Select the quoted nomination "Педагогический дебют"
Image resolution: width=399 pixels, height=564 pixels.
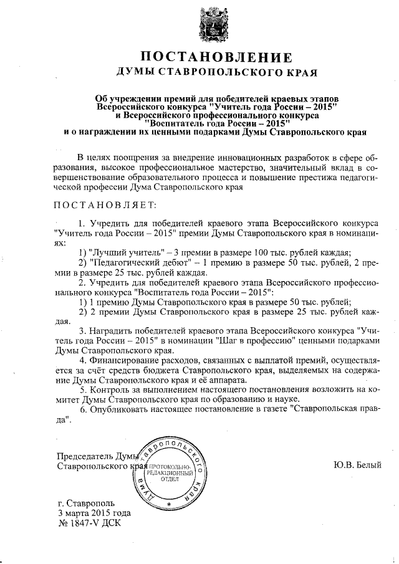(137, 263)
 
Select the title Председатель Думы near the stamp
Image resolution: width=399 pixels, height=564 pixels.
(97, 456)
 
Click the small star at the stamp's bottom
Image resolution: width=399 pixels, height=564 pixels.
(169, 502)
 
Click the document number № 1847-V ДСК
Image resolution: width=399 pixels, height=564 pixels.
(90, 523)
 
